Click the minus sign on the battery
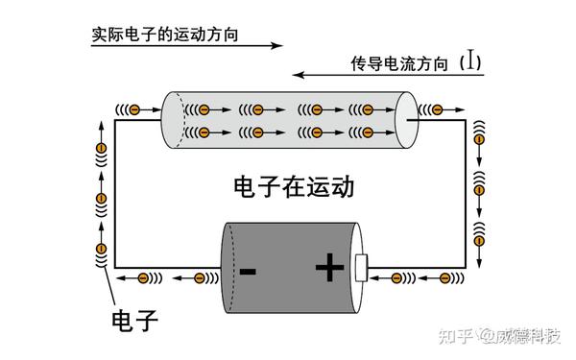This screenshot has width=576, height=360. [x=248, y=271]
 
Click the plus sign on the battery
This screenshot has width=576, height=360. [x=328, y=269]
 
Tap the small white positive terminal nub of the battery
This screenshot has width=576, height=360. [x=361, y=268]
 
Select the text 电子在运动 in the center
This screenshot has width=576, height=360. [x=294, y=185]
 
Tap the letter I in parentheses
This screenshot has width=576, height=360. [x=469, y=63]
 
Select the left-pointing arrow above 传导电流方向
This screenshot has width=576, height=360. [x=384, y=75]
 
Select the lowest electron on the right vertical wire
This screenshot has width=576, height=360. [x=477, y=231]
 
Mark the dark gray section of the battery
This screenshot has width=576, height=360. [x=269, y=269]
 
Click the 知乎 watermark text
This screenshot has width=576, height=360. [x=457, y=335]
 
